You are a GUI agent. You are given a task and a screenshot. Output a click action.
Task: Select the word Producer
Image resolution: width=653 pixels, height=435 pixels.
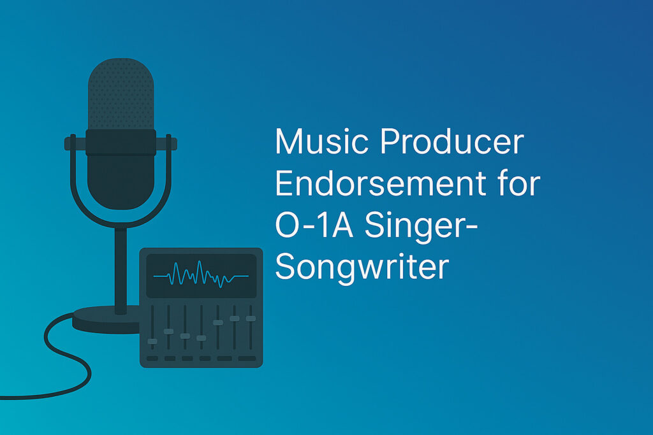(451, 143)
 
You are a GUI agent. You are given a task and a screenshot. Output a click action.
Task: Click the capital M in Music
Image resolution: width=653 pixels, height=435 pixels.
(288, 143)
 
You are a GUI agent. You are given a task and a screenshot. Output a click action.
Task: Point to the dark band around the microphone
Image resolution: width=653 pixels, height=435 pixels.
(121, 142)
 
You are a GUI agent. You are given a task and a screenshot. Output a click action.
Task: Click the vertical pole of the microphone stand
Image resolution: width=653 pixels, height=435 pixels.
(121, 267)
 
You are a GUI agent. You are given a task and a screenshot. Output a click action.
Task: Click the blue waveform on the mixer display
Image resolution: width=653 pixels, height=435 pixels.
(201, 275)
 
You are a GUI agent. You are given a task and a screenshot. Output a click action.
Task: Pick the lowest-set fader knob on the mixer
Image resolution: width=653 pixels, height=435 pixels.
(152, 341)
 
